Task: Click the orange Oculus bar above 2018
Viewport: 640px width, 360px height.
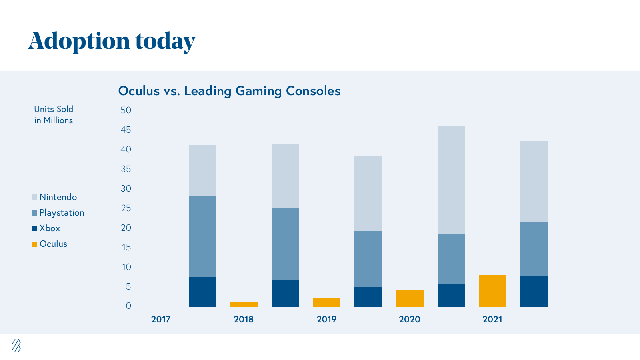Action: click(244, 305)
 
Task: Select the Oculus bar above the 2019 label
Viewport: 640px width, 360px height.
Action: click(327, 302)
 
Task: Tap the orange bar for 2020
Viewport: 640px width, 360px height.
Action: click(410, 298)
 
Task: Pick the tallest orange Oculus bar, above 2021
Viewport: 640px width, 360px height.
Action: click(492, 291)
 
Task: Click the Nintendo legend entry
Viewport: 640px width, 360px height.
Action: click(58, 197)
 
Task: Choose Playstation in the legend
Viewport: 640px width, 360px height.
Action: click(62, 213)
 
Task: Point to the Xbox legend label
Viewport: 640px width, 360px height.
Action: click(50, 228)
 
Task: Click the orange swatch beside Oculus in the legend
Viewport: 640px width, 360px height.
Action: click(35, 244)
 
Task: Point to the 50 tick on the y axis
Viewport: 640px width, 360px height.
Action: click(126, 110)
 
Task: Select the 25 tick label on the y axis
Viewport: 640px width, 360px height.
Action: click(126, 208)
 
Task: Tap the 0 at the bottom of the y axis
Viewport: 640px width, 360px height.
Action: click(128, 306)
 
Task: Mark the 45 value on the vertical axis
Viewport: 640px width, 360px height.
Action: click(126, 130)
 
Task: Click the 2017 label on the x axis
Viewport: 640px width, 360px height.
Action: click(161, 319)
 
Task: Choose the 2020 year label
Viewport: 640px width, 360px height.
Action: click(410, 319)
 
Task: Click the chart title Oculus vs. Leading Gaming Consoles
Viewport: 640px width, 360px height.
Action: click(229, 91)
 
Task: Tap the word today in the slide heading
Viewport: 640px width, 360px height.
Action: click(165, 41)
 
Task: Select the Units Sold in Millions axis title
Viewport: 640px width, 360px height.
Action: click(54, 115)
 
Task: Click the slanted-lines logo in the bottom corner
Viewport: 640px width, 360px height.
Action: click(16, 345)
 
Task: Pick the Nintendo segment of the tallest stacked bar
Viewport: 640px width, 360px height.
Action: click(451, 180)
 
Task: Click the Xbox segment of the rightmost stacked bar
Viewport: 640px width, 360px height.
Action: click(534, 291)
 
